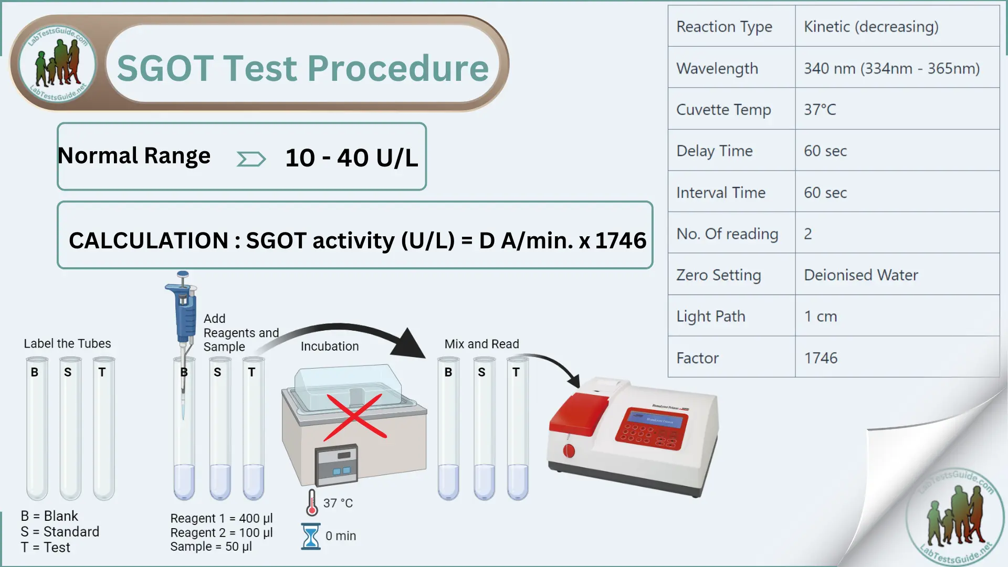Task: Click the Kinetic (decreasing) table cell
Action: click(x=871, y=27)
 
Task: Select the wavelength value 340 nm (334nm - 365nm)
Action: click(x=891, y=68)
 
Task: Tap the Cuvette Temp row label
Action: click(x=723, y=110)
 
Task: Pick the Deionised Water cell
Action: click(x=861, y=275)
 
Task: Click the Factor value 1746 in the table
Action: click(x=821, y=358)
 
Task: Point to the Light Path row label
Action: click(x=711, y=317)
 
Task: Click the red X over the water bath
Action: click(x=355, y=417)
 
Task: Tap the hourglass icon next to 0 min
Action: click(x=311, y=536)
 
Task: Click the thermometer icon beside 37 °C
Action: click(x=312, y=503)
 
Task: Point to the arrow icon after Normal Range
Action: click(x=251, y=159)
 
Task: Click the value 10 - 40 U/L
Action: click(x=351, y=157)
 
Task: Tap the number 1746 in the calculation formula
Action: click(x=621, y=240)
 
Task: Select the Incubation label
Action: click(x=330, y=346)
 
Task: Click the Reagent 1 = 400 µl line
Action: click(x=221, y=518)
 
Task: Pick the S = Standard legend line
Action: click(x=60, y=532)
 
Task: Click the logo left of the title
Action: click(x=58, y=64)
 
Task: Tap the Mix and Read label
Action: click(x=481, y=344)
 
